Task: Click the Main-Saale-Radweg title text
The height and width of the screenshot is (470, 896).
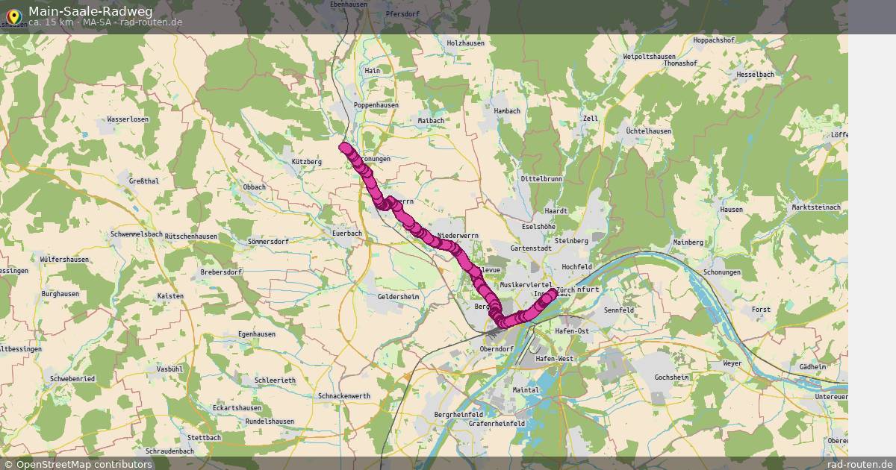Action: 90,10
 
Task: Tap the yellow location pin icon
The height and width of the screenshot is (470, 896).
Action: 13,15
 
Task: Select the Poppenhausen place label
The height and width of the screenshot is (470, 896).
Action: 376,106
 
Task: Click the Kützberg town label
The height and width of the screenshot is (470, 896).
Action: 307,162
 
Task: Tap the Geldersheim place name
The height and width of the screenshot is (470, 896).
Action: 399,297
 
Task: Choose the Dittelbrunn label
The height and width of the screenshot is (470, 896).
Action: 541,180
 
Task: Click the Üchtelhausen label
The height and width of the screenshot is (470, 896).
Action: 648,131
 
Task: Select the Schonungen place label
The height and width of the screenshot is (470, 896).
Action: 722,273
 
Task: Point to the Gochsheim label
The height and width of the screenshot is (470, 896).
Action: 671,377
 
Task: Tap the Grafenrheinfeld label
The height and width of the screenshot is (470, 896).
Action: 497,424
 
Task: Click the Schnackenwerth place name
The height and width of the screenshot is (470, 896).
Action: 343,396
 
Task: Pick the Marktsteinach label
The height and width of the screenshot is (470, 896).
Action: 815,207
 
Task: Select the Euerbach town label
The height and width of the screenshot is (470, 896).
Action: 346,234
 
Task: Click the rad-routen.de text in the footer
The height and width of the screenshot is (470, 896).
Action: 860,464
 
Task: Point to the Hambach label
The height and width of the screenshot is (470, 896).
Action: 506,111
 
